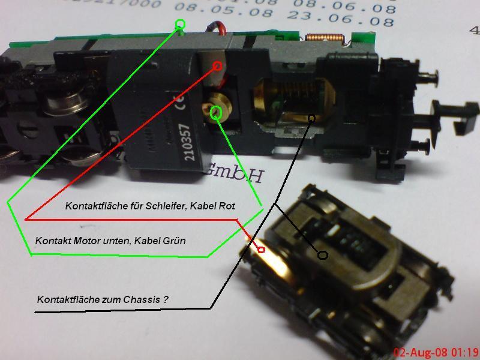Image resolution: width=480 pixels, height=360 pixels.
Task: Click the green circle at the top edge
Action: [x=180, y=25]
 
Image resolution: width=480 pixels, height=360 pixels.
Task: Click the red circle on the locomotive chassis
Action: [x=218, y=65]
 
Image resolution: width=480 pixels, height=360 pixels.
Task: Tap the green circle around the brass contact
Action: [x=217, y=111]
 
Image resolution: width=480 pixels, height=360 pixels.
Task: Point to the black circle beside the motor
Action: [x=311, y=119]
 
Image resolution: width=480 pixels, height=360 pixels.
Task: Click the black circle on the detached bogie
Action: [x=322, y=255]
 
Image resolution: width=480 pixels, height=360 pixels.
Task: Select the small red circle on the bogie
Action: [x=261, y=249]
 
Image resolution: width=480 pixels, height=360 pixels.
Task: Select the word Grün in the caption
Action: [x=174, y=241]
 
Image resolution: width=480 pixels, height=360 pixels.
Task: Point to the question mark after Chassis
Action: [x=165, y=299]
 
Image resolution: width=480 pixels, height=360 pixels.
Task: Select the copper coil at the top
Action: [x=325, y=38]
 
